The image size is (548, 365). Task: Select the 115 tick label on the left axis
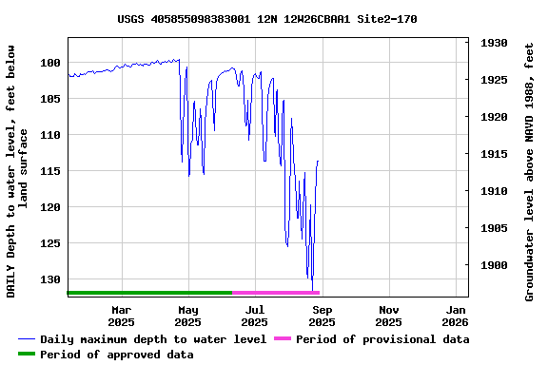tap(51, 171)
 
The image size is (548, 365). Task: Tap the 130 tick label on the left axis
tap(51, 279)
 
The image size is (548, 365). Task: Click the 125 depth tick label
tap(51, 243)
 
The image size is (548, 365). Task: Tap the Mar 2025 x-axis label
tap(122, 316)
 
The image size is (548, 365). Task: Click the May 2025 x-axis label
tap(188, 316)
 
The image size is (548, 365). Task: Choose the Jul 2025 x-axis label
tap(255, 316)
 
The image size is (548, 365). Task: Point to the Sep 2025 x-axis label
tap(323, 316)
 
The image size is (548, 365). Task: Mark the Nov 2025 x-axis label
tap(389, 316)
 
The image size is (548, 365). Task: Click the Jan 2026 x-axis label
tap(456, 316)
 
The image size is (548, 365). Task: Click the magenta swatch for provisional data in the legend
tap(282, 339)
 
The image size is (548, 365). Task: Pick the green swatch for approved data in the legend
tap(27, 355)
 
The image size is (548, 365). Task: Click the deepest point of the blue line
tap(312, 289)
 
